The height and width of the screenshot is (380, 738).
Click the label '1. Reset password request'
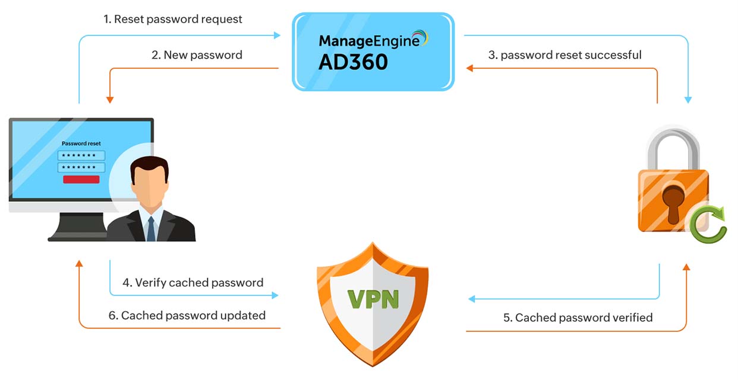(x=173, y=19)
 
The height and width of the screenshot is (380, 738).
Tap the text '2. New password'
(x=197, y=55)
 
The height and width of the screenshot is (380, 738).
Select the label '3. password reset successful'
(x=564, y=55)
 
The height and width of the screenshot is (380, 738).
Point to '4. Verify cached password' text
(x=193, y=283)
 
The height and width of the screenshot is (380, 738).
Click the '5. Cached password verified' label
(x=578, y=318)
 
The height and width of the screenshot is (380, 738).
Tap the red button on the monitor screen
(x=81, y=179)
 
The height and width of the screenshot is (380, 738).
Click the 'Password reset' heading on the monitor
(x=81, y=143)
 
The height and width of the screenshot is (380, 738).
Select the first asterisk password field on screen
(x=81, y=156)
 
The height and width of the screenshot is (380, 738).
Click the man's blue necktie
(x=151, y=229)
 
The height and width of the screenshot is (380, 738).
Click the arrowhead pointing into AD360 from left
(x=276, y=36)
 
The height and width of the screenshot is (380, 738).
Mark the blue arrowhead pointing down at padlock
(x=688, y=100)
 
